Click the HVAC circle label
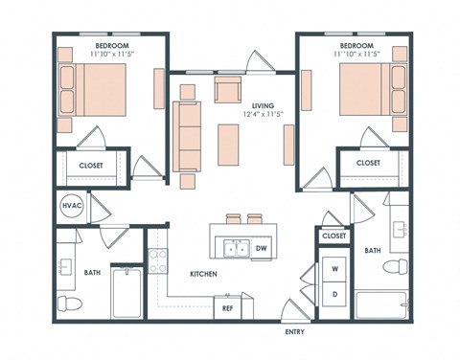click(71, 206)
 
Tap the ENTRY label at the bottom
click(296, 332)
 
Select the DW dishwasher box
click(262, 249)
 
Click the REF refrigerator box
click(227, 307)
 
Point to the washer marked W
click(333, 268)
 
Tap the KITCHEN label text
click(202, 274)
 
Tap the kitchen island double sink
click(233, 249)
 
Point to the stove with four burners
click(157, 261)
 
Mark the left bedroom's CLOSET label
click(92, 164)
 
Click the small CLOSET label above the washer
click(333, 236)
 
